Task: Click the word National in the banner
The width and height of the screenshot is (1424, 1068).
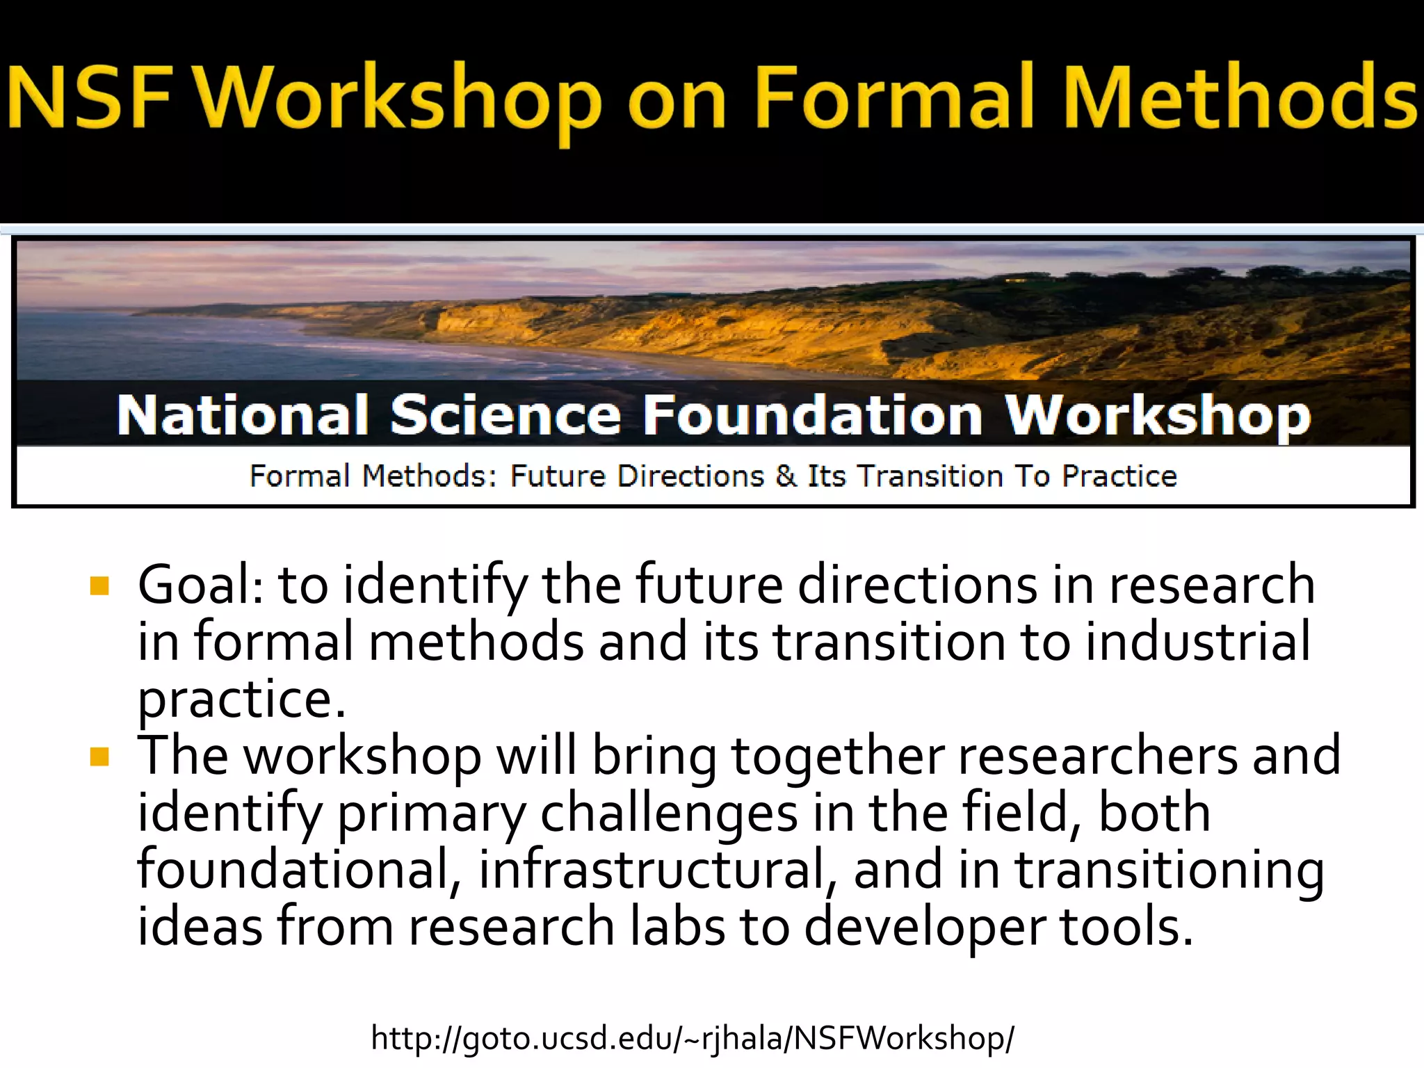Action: [243, 415]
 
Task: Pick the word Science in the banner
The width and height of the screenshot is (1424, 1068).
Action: [505, 415]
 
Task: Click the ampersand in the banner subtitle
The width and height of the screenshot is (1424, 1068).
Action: [786, 476]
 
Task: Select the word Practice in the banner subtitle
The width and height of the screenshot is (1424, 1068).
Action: [1119, 476]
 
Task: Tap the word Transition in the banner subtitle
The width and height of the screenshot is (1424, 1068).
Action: [930, 476]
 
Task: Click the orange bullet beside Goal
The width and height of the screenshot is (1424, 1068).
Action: [100, 586]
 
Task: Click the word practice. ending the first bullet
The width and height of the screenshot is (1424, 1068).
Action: [241, 699]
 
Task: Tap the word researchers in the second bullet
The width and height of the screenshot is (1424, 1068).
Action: [1097, 756]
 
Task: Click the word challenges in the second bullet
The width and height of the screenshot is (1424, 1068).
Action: [669, 813]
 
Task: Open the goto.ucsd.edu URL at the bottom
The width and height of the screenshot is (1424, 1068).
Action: [693, 1038]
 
